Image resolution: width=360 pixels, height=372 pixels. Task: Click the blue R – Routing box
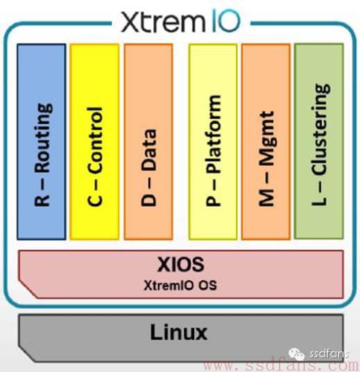point(42,142)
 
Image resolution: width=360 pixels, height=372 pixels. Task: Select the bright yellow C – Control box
point(94,142)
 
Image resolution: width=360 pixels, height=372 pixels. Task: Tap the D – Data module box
point(148,142)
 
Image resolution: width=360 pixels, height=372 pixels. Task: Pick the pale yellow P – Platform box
point(213,142)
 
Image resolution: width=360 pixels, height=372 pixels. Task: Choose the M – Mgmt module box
point(266,142)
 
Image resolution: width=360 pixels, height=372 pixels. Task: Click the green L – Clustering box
point(319,141)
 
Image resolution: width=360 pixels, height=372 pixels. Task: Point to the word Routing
point(43,137)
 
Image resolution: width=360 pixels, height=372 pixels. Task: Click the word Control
point(95,140)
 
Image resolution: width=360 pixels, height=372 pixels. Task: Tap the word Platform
point(214,133)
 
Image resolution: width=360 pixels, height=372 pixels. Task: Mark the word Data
point(148,150)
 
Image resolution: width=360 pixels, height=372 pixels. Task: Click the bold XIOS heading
point(181,264)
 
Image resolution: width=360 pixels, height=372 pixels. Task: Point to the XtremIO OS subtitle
point(180,285)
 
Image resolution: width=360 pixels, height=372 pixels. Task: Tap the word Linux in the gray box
point(179,332)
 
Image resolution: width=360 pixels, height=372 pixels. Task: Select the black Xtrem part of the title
point(163,22)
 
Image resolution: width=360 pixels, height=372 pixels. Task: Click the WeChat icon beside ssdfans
point(296,355)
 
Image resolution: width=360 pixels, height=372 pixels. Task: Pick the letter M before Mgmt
point(267,198)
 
